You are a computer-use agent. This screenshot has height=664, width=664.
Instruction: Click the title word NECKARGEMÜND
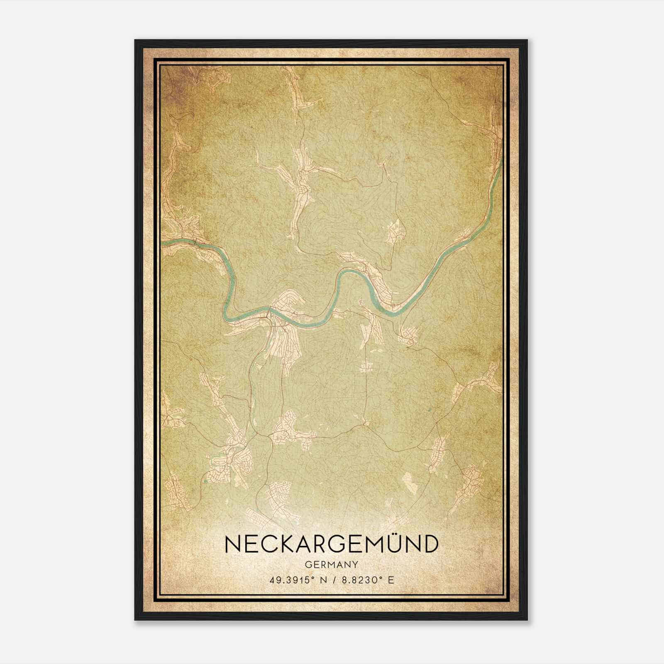331,544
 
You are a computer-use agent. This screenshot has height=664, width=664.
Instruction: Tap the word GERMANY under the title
331,564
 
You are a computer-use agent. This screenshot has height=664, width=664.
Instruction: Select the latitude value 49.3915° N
296,580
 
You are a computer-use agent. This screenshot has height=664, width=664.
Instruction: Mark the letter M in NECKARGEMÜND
372,544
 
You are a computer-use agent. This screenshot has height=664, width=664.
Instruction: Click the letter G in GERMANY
308,564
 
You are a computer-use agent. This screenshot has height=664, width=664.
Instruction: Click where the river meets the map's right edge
501,160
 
